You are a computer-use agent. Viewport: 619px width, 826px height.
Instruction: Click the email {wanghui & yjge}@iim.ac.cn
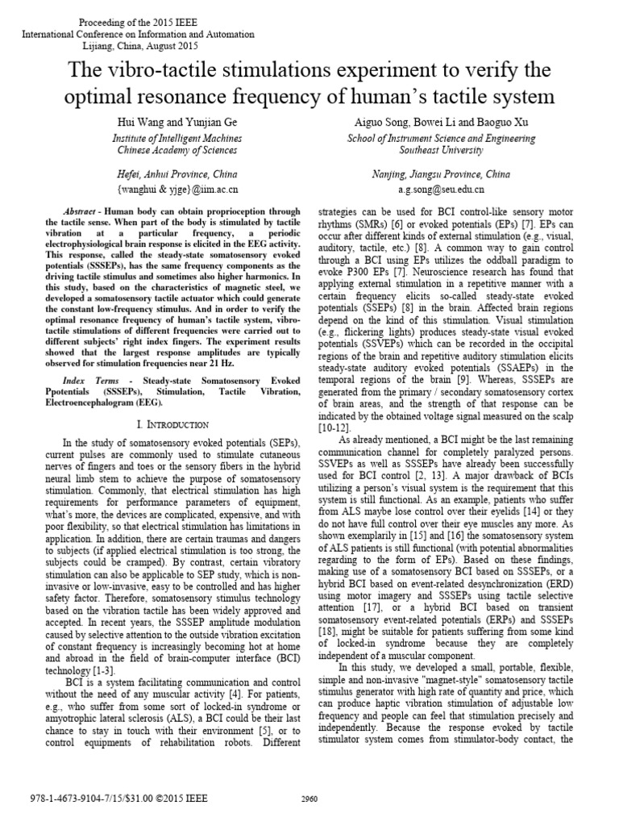177,190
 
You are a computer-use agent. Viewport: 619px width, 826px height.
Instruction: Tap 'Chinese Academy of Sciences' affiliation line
175,150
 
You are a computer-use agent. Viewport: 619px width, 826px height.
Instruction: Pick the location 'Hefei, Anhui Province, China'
177,174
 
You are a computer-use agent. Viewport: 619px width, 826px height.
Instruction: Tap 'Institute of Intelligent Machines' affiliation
175,137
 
